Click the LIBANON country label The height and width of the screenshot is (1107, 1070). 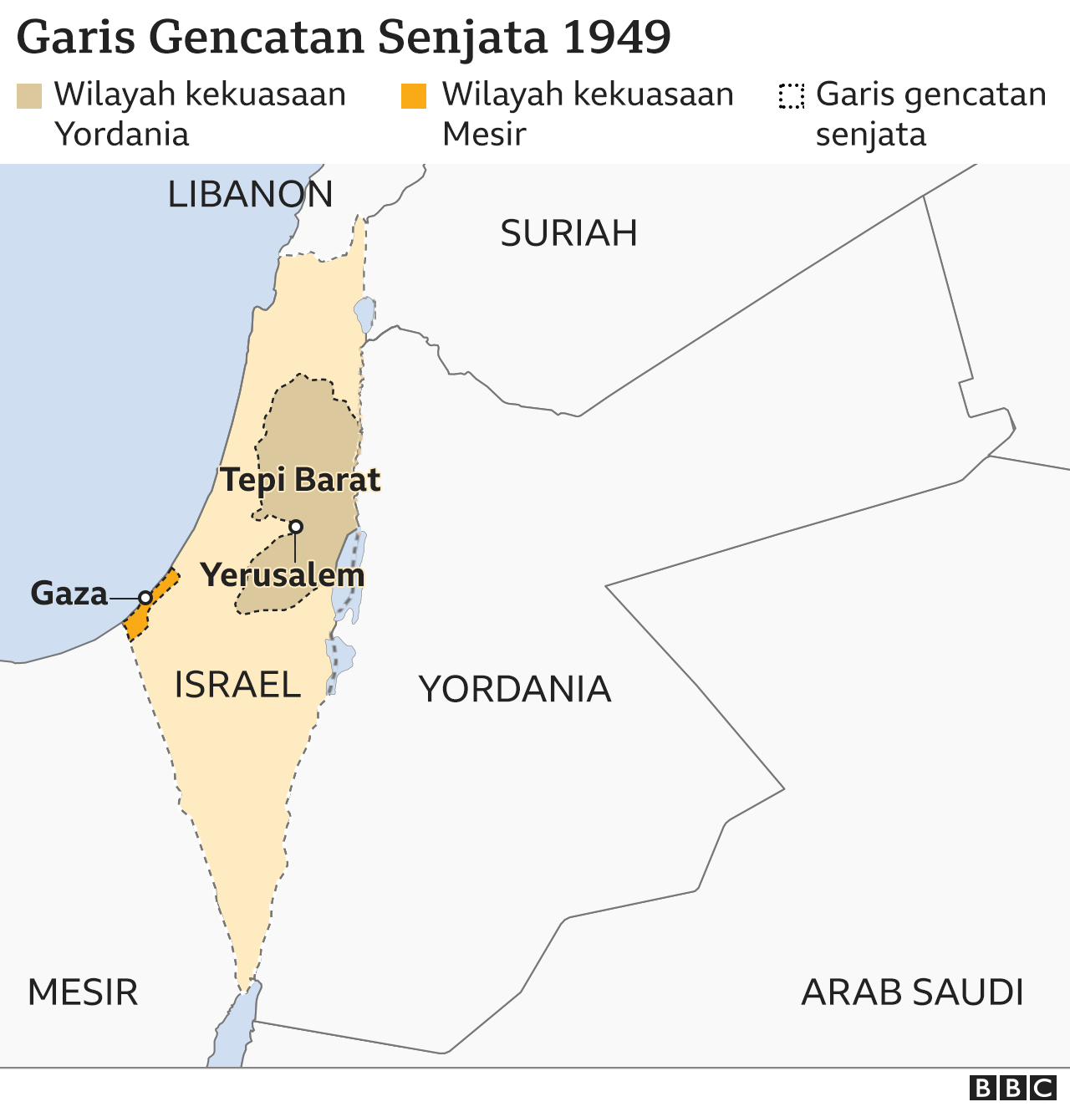[x=250, y=195]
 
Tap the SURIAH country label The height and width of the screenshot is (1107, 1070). [x=568, y=233]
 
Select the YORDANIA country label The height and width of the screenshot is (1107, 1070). [x=515, y=690]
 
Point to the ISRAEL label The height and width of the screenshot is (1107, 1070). [x=237, y=685]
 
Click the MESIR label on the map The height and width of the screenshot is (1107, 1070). [x=83, y=992]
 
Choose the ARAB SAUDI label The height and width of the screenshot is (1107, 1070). [x=912, y=992]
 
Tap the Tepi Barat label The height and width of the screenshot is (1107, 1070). [x=300, y=480]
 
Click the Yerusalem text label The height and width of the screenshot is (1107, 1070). [x=283, y=575]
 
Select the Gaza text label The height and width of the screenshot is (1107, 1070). [x=69, y=594]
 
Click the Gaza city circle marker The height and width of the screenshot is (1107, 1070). [x=145, y=598]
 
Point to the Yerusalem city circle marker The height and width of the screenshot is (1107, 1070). [x=296, y=527]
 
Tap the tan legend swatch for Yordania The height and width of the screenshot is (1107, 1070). [x=29, y=96]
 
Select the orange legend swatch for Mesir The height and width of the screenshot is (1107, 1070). [x=414, y=96]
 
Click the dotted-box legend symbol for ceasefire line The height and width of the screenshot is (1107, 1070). [x=791, y=96]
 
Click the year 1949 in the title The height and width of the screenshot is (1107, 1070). [x=617, y=38]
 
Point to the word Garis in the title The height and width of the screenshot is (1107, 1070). [x=76, y=38]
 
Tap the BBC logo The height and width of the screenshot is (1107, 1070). [x=1012, y=1088]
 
